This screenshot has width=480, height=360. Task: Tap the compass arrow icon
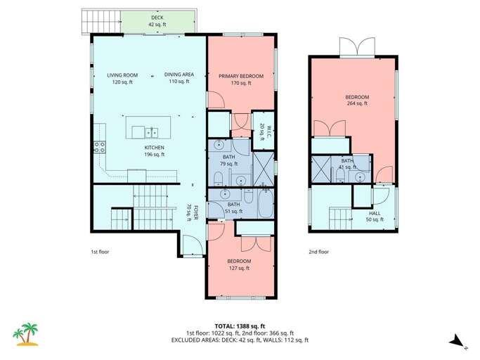pyautogui.click(x=457, y=341)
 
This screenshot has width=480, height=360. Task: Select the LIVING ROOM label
pyautogui.click(x=122, y=78)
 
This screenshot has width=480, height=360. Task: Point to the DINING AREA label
pyautogui.click(x=179, y=78)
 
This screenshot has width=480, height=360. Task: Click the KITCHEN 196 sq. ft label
pyautogui.click(x=154, y=150)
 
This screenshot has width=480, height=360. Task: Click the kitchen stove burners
pyautogui.click(x=99, y=148)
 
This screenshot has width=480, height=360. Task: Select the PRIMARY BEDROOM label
pyautogui.click(x=240, y=79)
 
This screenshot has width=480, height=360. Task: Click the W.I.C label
pyautogui.click(x=261, y=129)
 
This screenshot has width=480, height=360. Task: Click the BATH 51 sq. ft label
pyautogui.click(x=233, y=207)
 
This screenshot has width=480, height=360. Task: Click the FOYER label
pyautogui.click(x=188, y=212)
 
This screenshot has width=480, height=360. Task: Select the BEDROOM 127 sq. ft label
pyautogui.click(x=240, y=264)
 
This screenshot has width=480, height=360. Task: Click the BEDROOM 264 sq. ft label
pyautogui.click(x=357, y=100)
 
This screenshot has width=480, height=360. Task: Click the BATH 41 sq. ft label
pyautogui.click(x=347, y=164)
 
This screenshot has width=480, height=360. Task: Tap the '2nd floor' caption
pyautogui.click(x=318, y=251)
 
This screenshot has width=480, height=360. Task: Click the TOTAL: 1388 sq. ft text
pyautogui.click(x=239, y=326)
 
